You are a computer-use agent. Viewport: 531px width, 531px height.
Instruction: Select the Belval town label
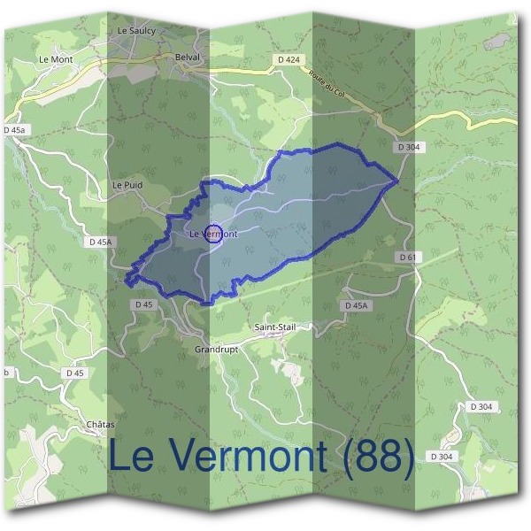coord(189,57)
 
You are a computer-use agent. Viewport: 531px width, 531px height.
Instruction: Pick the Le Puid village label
coord(127,185)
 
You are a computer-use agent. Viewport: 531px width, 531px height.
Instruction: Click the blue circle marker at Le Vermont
coord(212,234)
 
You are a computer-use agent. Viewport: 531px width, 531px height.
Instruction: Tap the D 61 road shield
coord(407,257)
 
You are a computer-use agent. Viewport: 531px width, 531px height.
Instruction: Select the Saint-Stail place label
coord(274,327)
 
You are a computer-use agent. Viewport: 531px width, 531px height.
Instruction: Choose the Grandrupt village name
coord(216,350)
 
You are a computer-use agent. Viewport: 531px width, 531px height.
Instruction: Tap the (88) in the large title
coord(374,457)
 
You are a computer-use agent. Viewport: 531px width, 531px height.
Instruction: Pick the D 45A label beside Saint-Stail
coord(354,305)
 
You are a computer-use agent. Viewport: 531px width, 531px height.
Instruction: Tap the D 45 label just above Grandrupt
coord(143,304)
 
